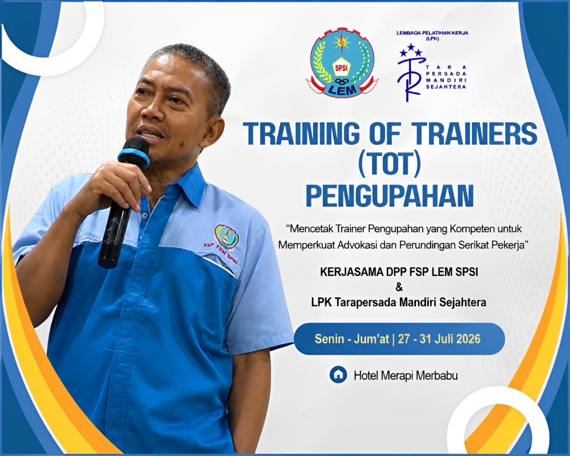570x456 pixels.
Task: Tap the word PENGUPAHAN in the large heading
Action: tap(390, 195)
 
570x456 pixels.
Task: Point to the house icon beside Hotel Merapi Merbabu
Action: tap(338, 375)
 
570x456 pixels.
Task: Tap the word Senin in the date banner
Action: tap(329, 339)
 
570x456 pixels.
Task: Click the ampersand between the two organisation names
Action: tap(399, 288)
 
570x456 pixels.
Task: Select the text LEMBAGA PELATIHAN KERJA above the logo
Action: tap(432, 33)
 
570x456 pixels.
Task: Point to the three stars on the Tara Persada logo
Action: tap(411, 50)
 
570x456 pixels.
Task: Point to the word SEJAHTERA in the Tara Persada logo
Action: tap(446, 87)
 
